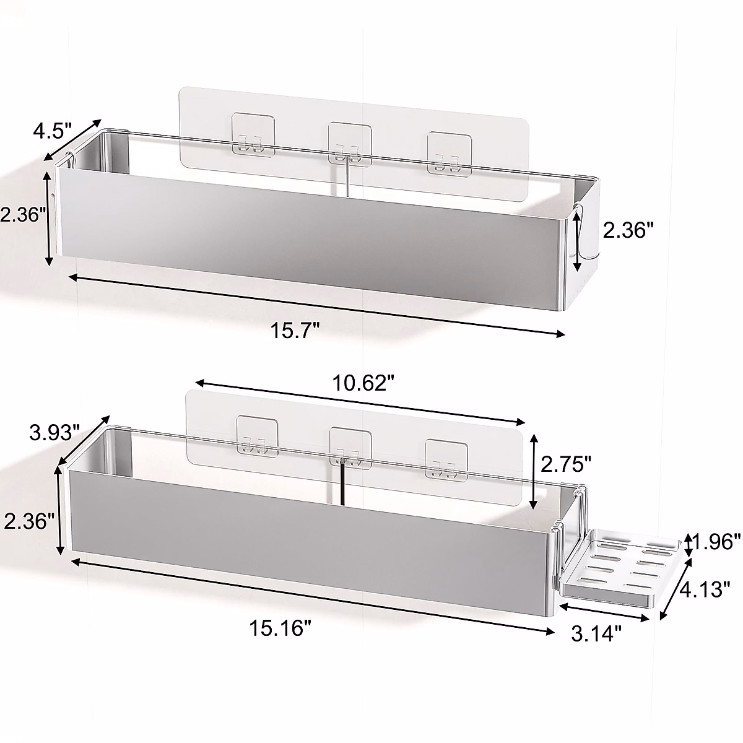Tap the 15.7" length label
294,331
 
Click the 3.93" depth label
54,432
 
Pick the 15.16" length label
280,628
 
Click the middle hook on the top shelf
349,146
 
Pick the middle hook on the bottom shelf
349,449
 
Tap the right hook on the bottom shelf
445,461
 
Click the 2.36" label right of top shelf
628,231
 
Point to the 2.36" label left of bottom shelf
26,521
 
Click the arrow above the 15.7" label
316,305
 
